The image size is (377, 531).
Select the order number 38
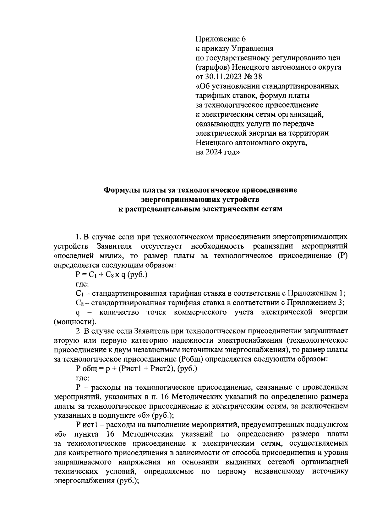point(258,77)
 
